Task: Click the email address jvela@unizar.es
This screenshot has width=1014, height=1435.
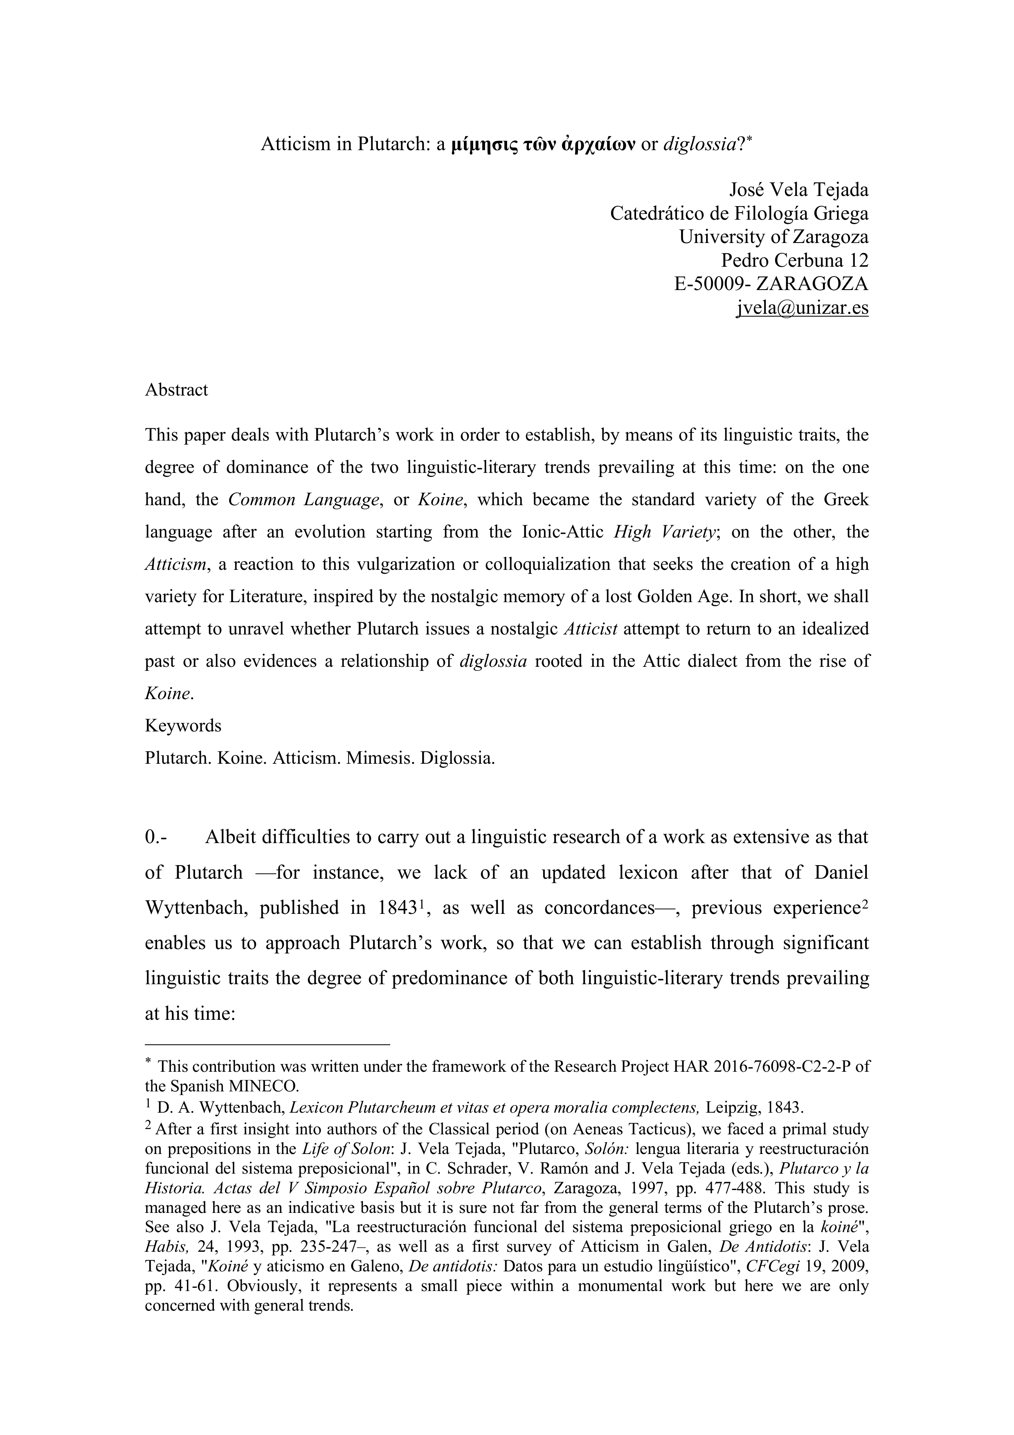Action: coord(802,308)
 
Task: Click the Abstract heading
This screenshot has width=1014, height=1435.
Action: coord(176,390)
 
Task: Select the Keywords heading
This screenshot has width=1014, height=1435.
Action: coord(183,726)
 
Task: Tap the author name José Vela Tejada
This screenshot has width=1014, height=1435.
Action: coord(798,189)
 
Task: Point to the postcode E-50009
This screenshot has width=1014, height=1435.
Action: coord(712,284)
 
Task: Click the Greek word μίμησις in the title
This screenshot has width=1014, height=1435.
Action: coord(477,144)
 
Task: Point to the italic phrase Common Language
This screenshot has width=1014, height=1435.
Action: coord(304,500)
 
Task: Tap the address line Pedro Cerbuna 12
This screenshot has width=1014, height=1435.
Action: coord(795,261)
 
